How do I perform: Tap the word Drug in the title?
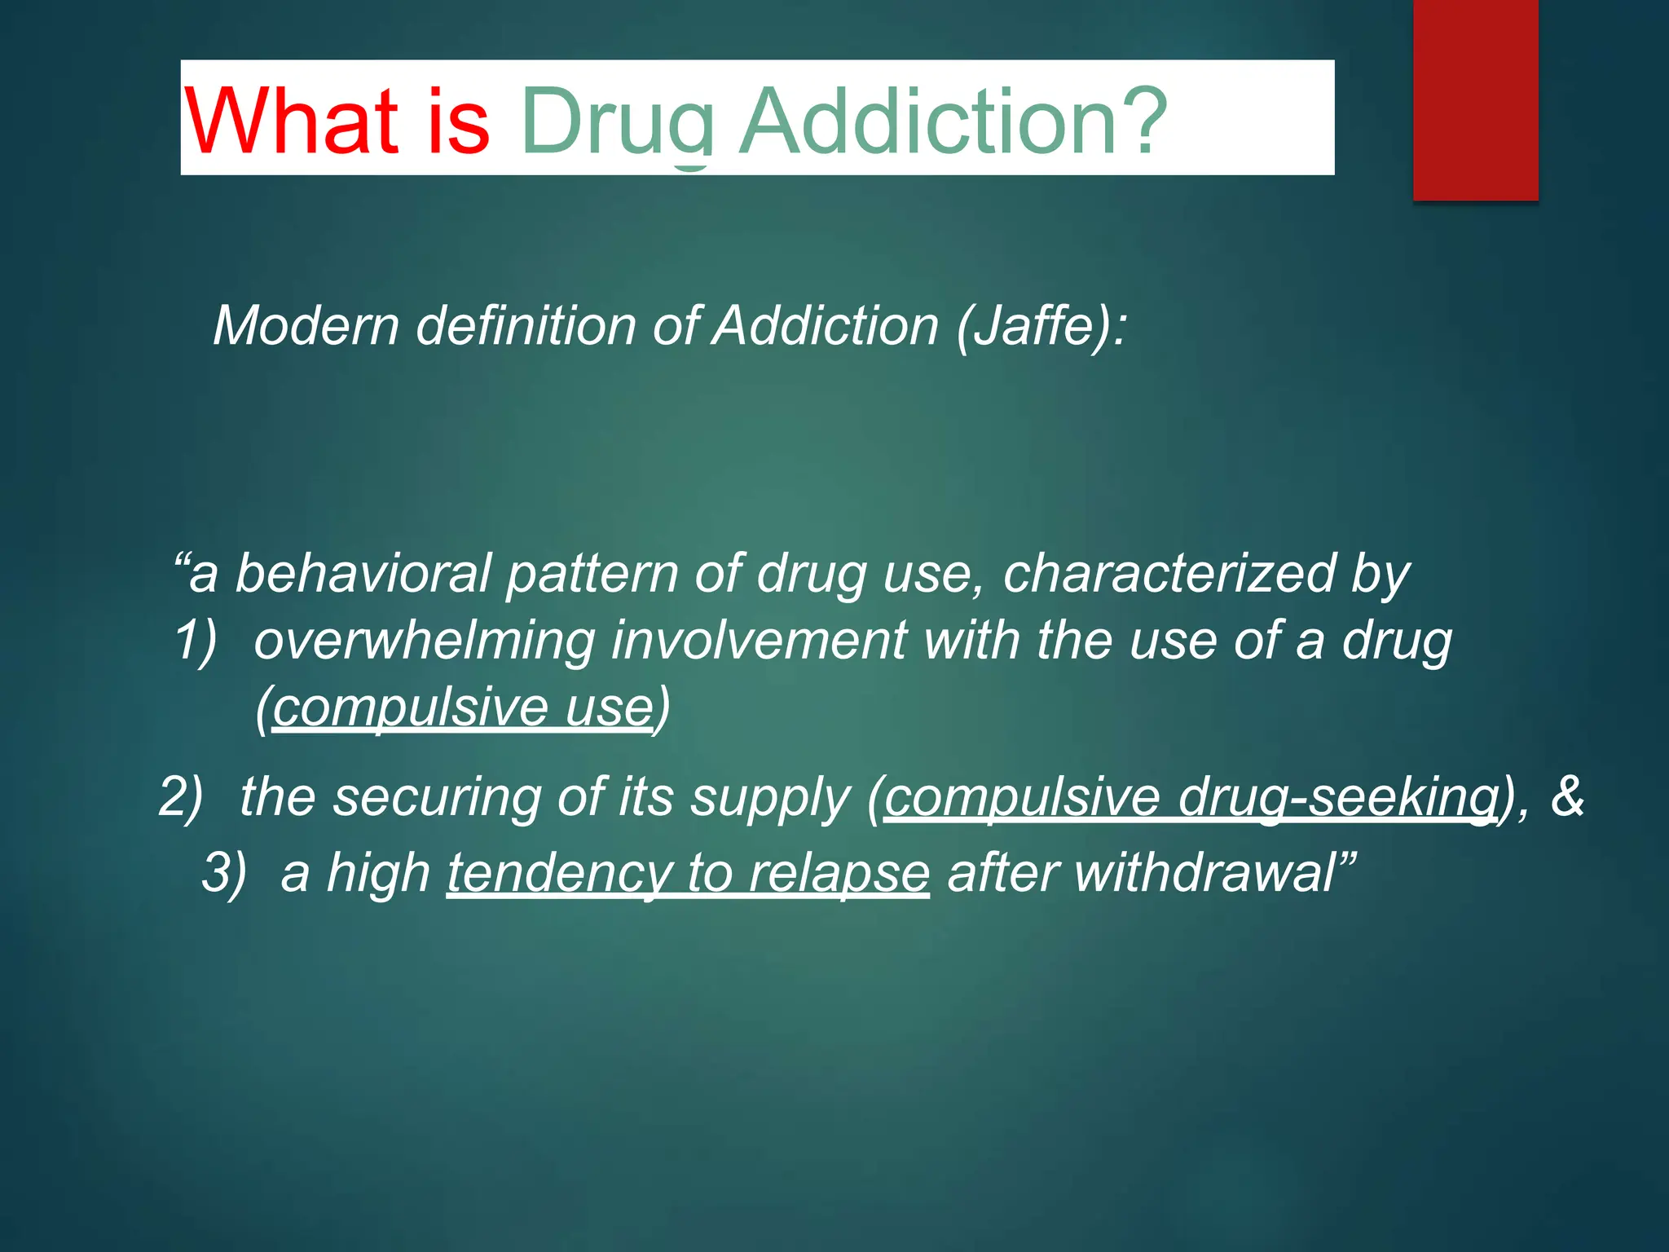pos(618,122)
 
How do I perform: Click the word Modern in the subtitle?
pos(306,326)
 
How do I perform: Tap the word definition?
pos(526,326)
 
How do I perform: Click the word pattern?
pos(592,574)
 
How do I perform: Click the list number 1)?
pos(196,639)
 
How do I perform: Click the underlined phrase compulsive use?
pos(463,708)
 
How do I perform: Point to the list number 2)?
pos(180,796)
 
